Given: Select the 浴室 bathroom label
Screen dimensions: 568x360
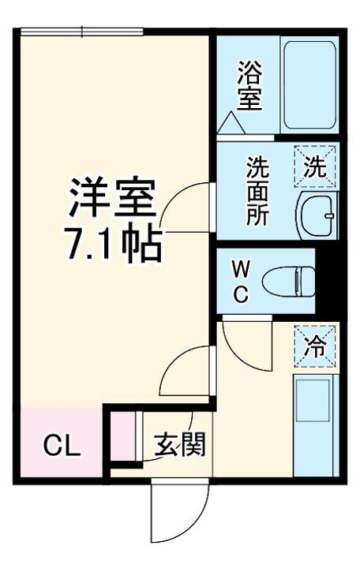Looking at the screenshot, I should pyautogui.click(x=249, y=86).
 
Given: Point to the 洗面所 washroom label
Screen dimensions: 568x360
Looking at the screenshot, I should pyautogui.click(x=257, y=192).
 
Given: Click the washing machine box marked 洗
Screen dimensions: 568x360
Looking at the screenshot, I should pyautogui.click(x=315, y=167).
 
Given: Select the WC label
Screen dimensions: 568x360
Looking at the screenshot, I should pyautogui.click(x=241, y=282).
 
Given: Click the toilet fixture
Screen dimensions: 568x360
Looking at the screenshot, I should pyautogui.click(x=287, y=280).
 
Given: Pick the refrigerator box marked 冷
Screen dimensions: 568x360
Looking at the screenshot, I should pyautogui.click(x=315, y=346).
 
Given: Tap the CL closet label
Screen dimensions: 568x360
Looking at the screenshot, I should pyautogui.click(x=61, y=447).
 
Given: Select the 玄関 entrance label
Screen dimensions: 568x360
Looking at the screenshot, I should pyautogui.click(x=179, y=446).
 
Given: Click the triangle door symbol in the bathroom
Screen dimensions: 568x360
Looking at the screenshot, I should pyautogui.click(x=234, y=123).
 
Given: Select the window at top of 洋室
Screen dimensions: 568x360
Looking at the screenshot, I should pyautogui.click(x=81, y=32).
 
